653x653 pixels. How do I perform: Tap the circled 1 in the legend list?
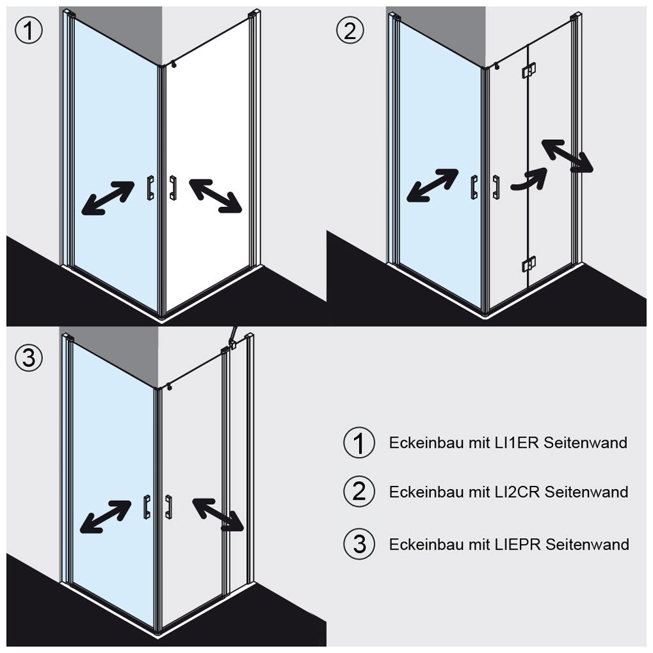[x=358, y=443]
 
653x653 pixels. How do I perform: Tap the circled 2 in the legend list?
[x=358, y=492]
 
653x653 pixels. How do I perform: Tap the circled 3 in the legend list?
[x=358, y=543]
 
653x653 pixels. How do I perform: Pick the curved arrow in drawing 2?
[x=529, y=180]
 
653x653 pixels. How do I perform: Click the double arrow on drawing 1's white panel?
[x=215, y=195]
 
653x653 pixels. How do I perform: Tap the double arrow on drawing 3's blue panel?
[x=105, y=517]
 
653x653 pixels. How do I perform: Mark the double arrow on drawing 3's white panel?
[x=218, y=513]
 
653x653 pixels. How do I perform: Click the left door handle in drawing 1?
[x=150, y=187]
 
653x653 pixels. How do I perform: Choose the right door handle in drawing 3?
[x=169, y=507]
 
